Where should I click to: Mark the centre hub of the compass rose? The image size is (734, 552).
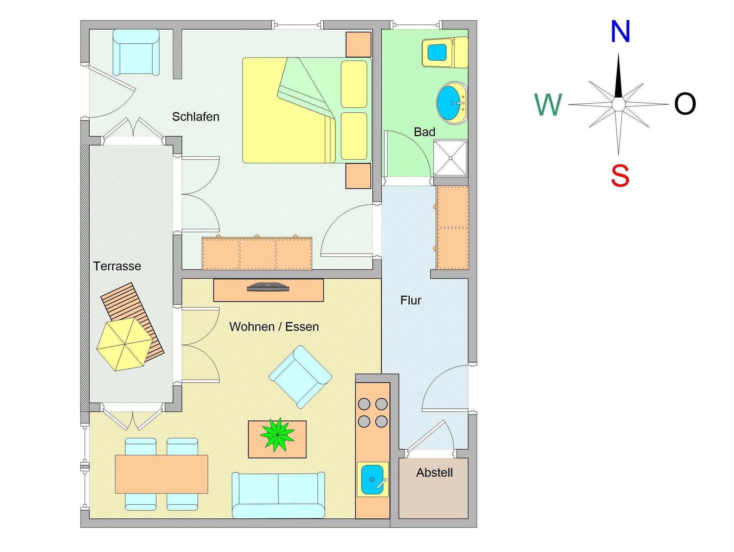tap(619, 104)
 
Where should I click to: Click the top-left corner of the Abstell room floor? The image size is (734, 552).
tap(399, 458)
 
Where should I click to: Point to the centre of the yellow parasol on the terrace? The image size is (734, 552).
tap(125, 344)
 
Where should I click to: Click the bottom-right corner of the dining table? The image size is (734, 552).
tap(208, 493)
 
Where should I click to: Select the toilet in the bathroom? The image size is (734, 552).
tap(445, 52)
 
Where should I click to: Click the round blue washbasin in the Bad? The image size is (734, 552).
tap(452, 103)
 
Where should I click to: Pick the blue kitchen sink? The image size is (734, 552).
tap(372, 480)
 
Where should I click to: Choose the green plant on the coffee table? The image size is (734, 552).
tap(278, 435)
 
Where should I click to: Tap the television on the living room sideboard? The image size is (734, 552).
tap(268, 287)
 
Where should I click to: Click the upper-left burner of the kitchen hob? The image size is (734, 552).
tap(364, 404)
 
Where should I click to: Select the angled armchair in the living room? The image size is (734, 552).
tap(300, 377)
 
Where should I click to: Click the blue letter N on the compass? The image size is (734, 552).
tap(620, 32)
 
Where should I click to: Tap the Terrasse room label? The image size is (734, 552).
tap(117, 266)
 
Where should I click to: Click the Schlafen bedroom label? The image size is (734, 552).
tap(196, 116)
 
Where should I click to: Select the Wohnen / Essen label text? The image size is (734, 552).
tap(274, 327)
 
